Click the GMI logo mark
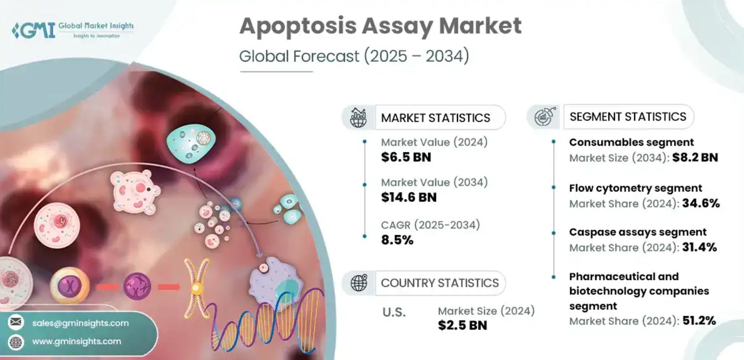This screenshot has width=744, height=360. pos(33,30)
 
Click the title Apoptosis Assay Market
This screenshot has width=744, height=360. pos(380,26)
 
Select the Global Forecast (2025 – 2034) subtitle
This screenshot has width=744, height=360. pos(354,56)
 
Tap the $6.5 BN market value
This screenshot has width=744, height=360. pos(406,157)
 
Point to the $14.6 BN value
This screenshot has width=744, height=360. pos(408,197)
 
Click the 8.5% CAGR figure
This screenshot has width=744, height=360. pos(397,240)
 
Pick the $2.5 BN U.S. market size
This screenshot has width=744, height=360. pos(462,325)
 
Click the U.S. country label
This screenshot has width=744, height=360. pos(394,312)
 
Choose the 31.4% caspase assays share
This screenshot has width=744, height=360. pos(699,247)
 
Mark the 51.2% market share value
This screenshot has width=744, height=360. pos(699,321)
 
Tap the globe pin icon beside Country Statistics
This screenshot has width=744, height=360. pos(359,283)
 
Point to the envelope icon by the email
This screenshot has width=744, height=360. pos(16,323)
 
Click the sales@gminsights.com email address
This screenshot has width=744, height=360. pos(80,323)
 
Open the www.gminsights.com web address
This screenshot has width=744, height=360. pos(76,341)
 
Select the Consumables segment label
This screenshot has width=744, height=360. pos(631,143)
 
